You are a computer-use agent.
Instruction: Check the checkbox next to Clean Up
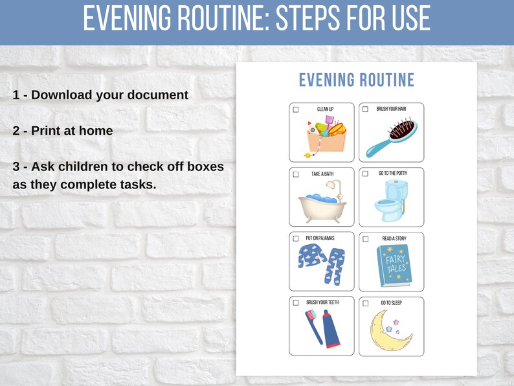point(296,109)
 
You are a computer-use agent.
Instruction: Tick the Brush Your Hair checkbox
point(365,109)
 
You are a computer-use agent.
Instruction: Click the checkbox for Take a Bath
point(296,174)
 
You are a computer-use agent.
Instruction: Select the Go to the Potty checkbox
point(365,174)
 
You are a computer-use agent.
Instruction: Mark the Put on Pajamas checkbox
point(296,238)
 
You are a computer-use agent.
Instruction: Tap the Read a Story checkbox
point(365,239)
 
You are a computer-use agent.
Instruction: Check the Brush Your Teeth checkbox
point(296,302)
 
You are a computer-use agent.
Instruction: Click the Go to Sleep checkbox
point(365,303)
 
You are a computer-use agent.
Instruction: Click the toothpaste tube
point(331,329)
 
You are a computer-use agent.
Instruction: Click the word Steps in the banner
point(309,19)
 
